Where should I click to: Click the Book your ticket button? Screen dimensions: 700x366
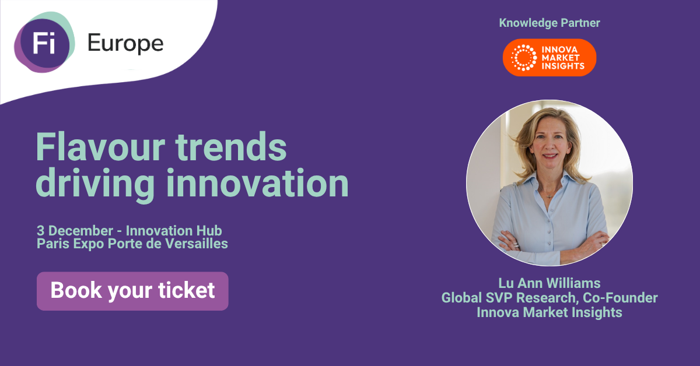click(x=132, y=291)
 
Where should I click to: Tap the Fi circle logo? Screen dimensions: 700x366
click(x=44, y=43)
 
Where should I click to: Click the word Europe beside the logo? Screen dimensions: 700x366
click(x=125, y=44)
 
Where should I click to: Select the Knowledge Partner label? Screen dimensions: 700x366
click(x=549, y=23)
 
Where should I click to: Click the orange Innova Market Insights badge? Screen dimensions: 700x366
click(x=549, y=58)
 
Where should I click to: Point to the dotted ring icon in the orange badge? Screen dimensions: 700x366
click(x=524, y=58)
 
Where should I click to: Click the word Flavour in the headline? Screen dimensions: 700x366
click(x=100, y=146)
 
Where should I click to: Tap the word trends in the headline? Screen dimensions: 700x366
click(x=231, y=146)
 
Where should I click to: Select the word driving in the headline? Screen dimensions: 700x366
click(x=95, y=185)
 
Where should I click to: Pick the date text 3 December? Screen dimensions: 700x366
click(x=75, y=231)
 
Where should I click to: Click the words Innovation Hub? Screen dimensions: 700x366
click(x=174, y=231)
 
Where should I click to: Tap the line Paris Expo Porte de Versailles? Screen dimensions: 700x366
click(x=132, y=244)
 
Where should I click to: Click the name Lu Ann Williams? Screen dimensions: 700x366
click(x=549, y=283)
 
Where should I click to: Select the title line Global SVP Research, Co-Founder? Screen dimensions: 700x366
click(x=549, y=298)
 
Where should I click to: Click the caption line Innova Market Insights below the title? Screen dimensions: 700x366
click(x=549, y=312)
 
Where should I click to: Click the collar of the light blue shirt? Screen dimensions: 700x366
click(x=550, y=182)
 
